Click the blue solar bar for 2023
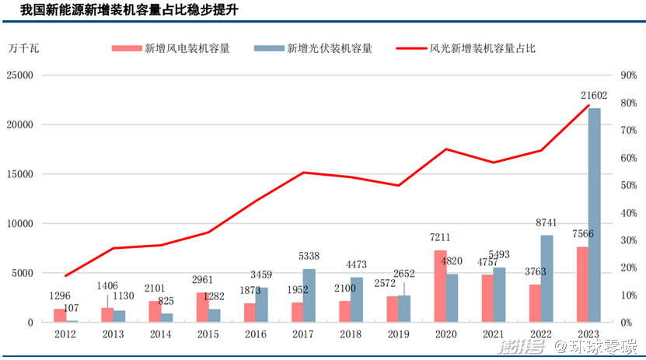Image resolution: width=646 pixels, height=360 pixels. pos(594,215)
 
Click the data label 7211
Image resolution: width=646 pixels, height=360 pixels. pos(440,237)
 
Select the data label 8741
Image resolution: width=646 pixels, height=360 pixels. pos(547,223)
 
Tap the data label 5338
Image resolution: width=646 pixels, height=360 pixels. pos(309,256)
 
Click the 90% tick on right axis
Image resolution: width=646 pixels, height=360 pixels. pos(627,75)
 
